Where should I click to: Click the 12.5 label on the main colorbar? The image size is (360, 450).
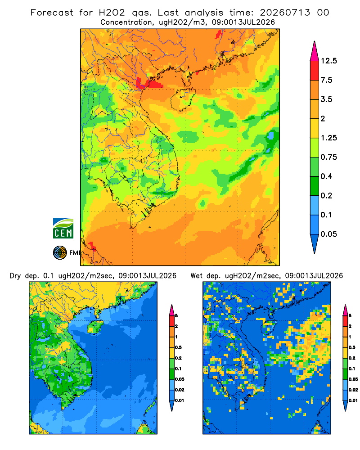pyautogui.click(x=328, y=61)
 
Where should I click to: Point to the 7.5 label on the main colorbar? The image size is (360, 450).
pyautogui.click(x=326, y=80)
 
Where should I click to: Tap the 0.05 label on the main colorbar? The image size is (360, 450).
pyautogui.click(x=328, y=234)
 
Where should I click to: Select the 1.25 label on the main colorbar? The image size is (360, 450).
pyautogui.click(x=328, y=138)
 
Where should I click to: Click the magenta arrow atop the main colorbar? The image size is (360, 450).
pyautogui.click(x=315, y=51)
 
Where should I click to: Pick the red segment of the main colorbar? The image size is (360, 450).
pyautogui.click(x=315, y=71)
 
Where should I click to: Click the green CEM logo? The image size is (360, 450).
pyautogui.click(x=63, y=228)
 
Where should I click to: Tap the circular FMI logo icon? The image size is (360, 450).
pyautogui.click(x=60, y=253)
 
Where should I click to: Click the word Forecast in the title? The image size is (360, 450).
pyautogui.click(x=52, y=13)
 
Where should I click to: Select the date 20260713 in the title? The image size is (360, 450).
pyautogui.click(x=285, y=13)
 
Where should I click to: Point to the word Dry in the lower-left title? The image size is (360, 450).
pyautogui.click(x=15, y=276)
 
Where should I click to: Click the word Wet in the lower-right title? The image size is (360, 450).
pyautogui.click(x=197, y=276)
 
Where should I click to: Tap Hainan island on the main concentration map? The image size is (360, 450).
pyautogui.click(x=183, y=99)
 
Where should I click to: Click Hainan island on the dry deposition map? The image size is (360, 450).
pyautogui.click(x=95, y=327)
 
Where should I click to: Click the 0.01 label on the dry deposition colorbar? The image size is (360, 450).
pyautogui.click(x=180, y=400)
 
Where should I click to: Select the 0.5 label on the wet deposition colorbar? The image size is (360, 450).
pyautogui.click(x=351, y=347)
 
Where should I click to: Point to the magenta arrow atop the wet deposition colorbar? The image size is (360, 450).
pyautogui.click(x=345, y=310)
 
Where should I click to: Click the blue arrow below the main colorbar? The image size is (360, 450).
pyautogui.click(x=315, y=244)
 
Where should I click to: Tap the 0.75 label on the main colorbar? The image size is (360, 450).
pyautogui.click(x=328, y=157)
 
